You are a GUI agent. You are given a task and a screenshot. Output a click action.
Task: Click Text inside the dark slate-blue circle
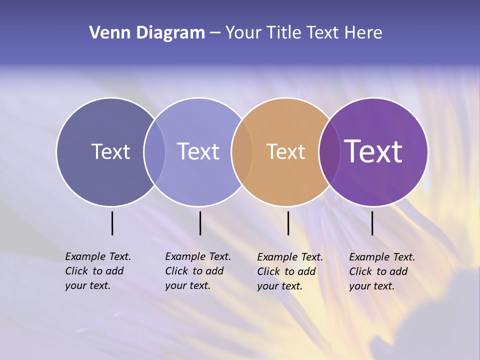point(110,151)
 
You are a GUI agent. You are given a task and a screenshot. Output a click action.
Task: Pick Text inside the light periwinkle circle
point(198,151)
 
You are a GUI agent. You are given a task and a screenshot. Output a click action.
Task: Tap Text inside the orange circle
point(285,151)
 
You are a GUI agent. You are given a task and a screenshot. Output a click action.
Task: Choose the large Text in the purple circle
point(373,151)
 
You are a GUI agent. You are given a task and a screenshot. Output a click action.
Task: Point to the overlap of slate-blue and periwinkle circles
point(154,152)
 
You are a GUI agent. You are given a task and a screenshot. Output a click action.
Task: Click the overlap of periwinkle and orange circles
point(242,152)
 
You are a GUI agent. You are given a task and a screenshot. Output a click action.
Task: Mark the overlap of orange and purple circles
point(329,152)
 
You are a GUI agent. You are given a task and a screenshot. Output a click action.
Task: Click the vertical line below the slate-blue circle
point(112,223)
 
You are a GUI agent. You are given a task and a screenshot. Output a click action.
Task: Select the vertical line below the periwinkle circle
point(200,223)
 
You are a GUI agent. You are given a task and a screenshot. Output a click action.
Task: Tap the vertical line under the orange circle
point(288,223)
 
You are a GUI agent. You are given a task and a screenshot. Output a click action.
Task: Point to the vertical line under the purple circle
point(372,223)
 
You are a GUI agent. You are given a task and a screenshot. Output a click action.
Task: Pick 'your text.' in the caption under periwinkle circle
point(187,285)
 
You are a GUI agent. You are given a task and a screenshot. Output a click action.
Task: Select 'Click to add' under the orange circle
point(286,271)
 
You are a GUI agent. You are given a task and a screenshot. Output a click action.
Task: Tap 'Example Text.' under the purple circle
point(382,257)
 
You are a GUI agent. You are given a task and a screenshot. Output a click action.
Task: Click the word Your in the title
point(243,33)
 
